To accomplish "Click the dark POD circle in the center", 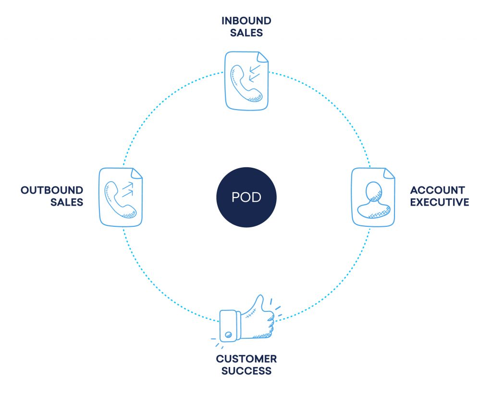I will click(246, 197).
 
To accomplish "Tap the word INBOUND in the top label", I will click(246, 21).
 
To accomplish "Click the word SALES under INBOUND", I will click(246, 33).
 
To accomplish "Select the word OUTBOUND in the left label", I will click(52, 190).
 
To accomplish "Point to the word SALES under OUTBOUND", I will click(67, 202).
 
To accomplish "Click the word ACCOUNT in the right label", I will click(437, 190).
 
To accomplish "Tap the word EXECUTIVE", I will click(440, 202).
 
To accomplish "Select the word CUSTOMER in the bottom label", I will click(246, 359).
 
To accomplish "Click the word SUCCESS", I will click(246, 371).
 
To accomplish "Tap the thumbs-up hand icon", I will click(247, 320).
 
